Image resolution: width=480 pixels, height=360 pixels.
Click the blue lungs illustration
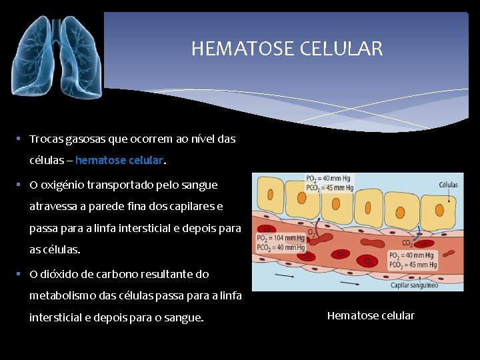point(57,57)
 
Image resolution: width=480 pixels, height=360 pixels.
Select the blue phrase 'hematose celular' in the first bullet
point(119,161)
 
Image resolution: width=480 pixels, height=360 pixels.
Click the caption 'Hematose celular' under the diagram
point(371,315)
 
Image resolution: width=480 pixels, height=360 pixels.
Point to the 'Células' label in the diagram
point(448,185)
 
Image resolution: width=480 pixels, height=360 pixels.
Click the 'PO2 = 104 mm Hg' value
point(281,239)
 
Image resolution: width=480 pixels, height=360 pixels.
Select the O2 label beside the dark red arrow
point(311,233)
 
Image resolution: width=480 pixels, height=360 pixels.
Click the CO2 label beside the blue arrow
point(407,243)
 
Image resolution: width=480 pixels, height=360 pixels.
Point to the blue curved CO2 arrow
point(417,233)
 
